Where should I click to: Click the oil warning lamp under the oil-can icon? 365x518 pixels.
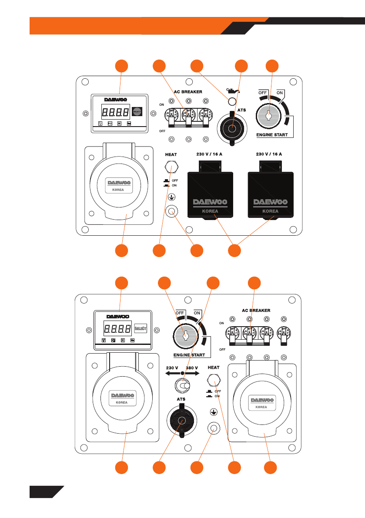(x=232, y=102)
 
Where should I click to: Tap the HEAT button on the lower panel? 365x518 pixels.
(x=214, y=382)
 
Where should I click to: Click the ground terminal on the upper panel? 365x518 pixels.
(x=173, y=212)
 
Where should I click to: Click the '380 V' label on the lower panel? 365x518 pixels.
(x=192, y=368)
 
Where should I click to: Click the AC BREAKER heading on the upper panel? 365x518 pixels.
(x=189, y=92)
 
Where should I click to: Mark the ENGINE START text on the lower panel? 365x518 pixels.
(x=189, y=355)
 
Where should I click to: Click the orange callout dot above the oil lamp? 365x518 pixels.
(x=198, y=66)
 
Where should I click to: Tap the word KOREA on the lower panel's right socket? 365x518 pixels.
(x=261, y=407)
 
